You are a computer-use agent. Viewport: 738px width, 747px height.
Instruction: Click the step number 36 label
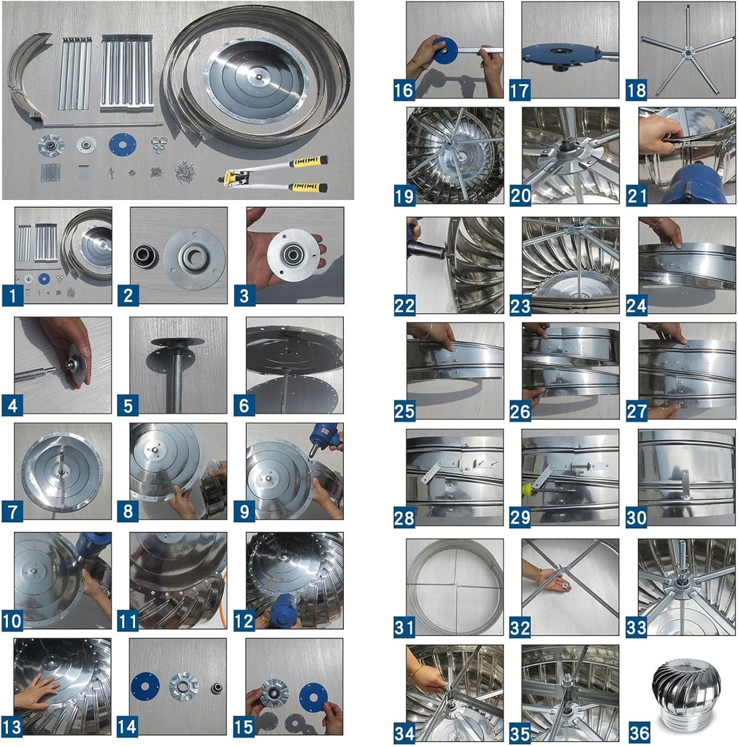point(637,732)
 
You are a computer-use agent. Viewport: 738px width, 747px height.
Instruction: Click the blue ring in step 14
point(146,686)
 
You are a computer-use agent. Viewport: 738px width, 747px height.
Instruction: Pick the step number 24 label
point(637,305)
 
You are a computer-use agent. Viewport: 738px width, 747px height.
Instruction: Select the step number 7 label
point(13,511)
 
